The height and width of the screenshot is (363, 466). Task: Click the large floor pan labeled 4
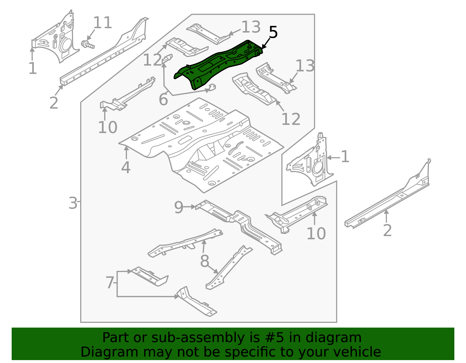coord(201,142)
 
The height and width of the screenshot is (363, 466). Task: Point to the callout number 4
coord(126,168)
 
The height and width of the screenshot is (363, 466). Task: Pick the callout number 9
coord(179,208)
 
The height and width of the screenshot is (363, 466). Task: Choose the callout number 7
coord(110,282)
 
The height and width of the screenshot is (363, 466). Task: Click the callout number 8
coord(204,261)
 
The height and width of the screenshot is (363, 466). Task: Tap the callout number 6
coord(163,100)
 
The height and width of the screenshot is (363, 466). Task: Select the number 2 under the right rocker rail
coord(387,230)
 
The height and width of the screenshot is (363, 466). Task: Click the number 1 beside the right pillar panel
coord(345,157)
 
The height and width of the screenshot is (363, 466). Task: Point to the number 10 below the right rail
coord(316,234)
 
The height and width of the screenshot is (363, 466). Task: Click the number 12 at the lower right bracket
coord(291,119)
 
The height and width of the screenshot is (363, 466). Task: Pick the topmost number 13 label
coord(251,27)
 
